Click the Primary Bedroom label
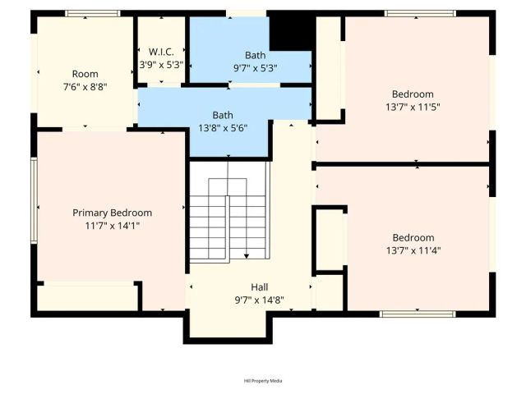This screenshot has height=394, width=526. (x=112, y=213)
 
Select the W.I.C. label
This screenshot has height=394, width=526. (x=160, y=50)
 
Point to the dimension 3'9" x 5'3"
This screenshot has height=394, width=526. (x=160, y=63)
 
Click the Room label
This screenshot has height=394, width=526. (x=85, y=74)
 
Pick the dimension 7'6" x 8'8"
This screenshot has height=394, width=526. (x=85, y=86)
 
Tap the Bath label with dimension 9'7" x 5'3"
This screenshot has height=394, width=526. (x=255, y=56)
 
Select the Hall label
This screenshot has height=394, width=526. (x=248, y=287)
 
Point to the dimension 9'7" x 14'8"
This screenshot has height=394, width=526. (x=248, y=300)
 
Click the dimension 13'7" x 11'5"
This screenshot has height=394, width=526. (x=413, y=106)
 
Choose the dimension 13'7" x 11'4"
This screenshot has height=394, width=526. (x=413, y=250)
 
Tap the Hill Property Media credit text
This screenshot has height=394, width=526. (x=263, y=381)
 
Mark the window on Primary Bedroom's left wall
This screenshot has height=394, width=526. (x=34, y=200)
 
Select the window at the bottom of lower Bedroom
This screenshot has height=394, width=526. (x=418, y=314)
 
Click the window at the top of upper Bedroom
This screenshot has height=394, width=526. (x=420, y=13)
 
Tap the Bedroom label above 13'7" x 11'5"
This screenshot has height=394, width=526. (x=413, y=94)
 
